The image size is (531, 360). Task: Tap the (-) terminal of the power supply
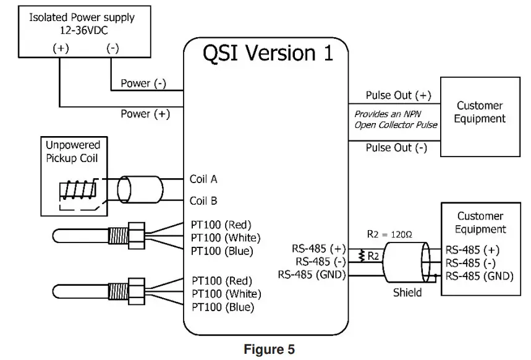tap(113, 49)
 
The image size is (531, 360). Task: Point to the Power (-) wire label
tap(143, 84)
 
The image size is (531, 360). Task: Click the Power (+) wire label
tap(144, 114)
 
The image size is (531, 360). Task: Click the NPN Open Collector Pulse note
tap(396, 119)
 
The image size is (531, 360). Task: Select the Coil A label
tap(203, 179)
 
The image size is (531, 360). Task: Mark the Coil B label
tap(203, 201)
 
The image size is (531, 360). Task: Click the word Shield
tap(408, 292)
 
